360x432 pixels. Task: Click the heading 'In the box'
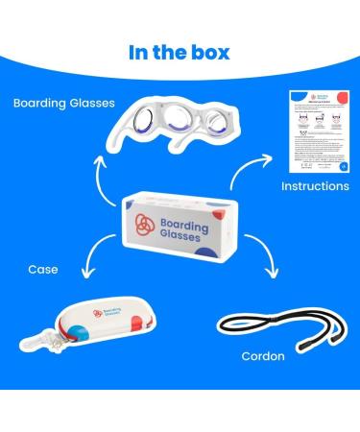click(179, 51)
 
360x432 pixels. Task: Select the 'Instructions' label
click(315, 185)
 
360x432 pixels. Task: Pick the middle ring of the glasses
click(177, 124)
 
